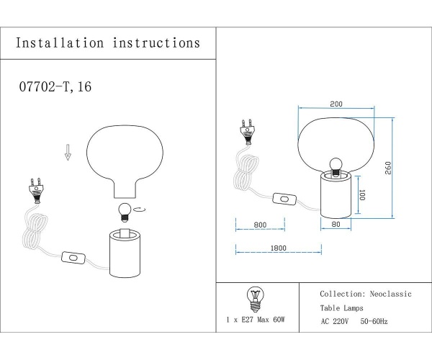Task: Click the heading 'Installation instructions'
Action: tap(108, 43)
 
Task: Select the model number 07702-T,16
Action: tap(54, 87)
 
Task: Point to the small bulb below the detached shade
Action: tap(124, 211)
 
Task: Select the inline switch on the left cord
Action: tap(73, 256)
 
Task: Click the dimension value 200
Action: tap(336, 104)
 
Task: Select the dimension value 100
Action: tap(363, 195)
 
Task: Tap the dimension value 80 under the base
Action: tap(335, 225)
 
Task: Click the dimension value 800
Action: tap(260, 225)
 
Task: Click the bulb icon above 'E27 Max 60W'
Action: tap(255, 297)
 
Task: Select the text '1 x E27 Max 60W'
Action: tap(256, 318)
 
